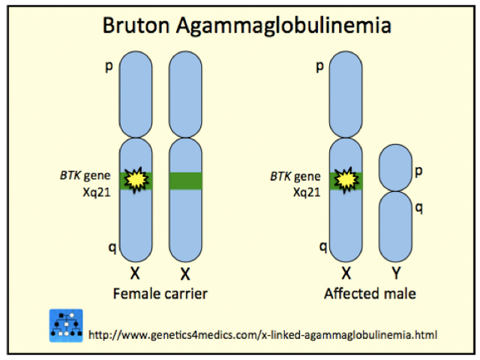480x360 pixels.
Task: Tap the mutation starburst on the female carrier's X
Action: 136,179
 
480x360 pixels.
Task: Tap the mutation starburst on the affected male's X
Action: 347,179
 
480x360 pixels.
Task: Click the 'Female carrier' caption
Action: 159,293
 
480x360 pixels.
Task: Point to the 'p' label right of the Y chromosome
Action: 418,171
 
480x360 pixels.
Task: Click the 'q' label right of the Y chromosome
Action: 418,208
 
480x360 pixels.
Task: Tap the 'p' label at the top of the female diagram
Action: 110,67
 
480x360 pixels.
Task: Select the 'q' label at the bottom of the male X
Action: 323,245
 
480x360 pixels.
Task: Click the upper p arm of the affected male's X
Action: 347,94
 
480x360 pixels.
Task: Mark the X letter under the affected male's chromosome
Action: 346,274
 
